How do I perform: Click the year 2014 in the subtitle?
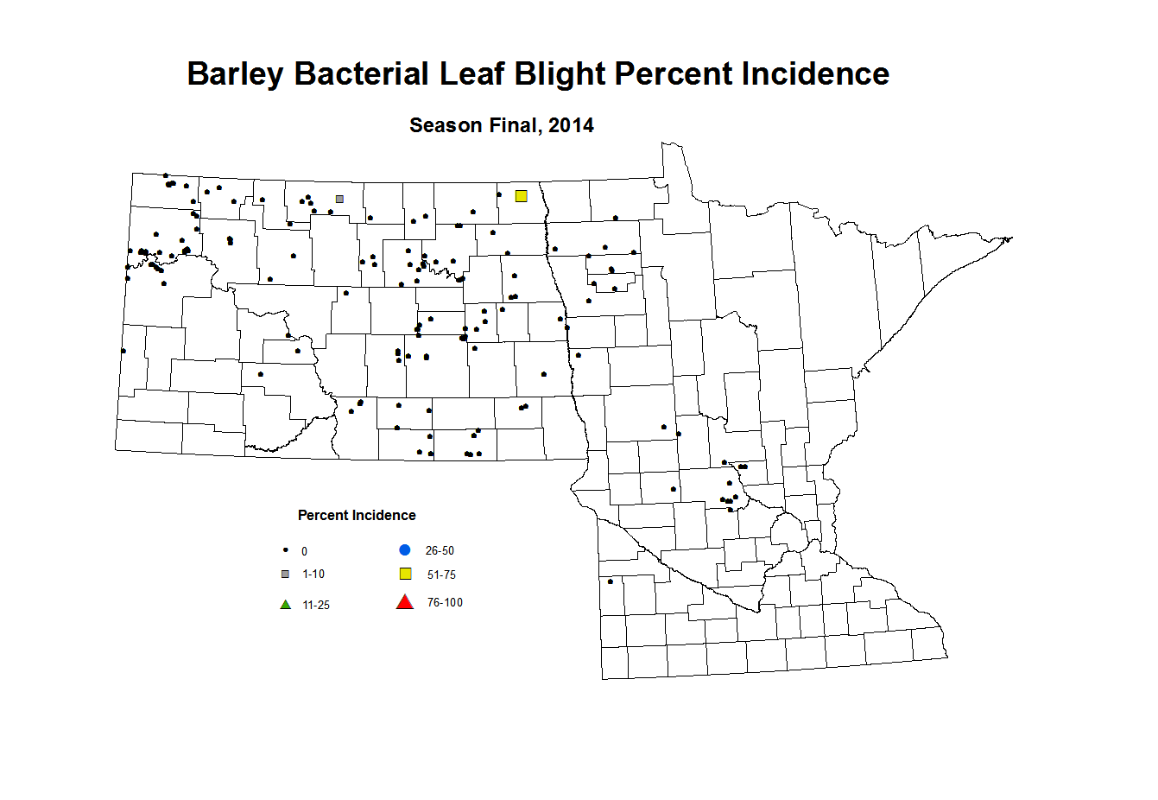571,126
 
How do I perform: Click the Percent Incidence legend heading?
357,516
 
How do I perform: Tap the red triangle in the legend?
404,602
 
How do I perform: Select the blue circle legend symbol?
404,550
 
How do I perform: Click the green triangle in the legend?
286,605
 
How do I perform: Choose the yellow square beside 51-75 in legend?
405,575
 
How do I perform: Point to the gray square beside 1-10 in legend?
286,575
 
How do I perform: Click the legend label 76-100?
445,603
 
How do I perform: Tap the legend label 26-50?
440,551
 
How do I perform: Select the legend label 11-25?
316,606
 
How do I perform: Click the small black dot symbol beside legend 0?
286,550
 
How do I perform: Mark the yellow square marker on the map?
521,196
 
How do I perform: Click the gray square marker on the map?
339,199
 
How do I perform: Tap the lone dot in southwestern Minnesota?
611,581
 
